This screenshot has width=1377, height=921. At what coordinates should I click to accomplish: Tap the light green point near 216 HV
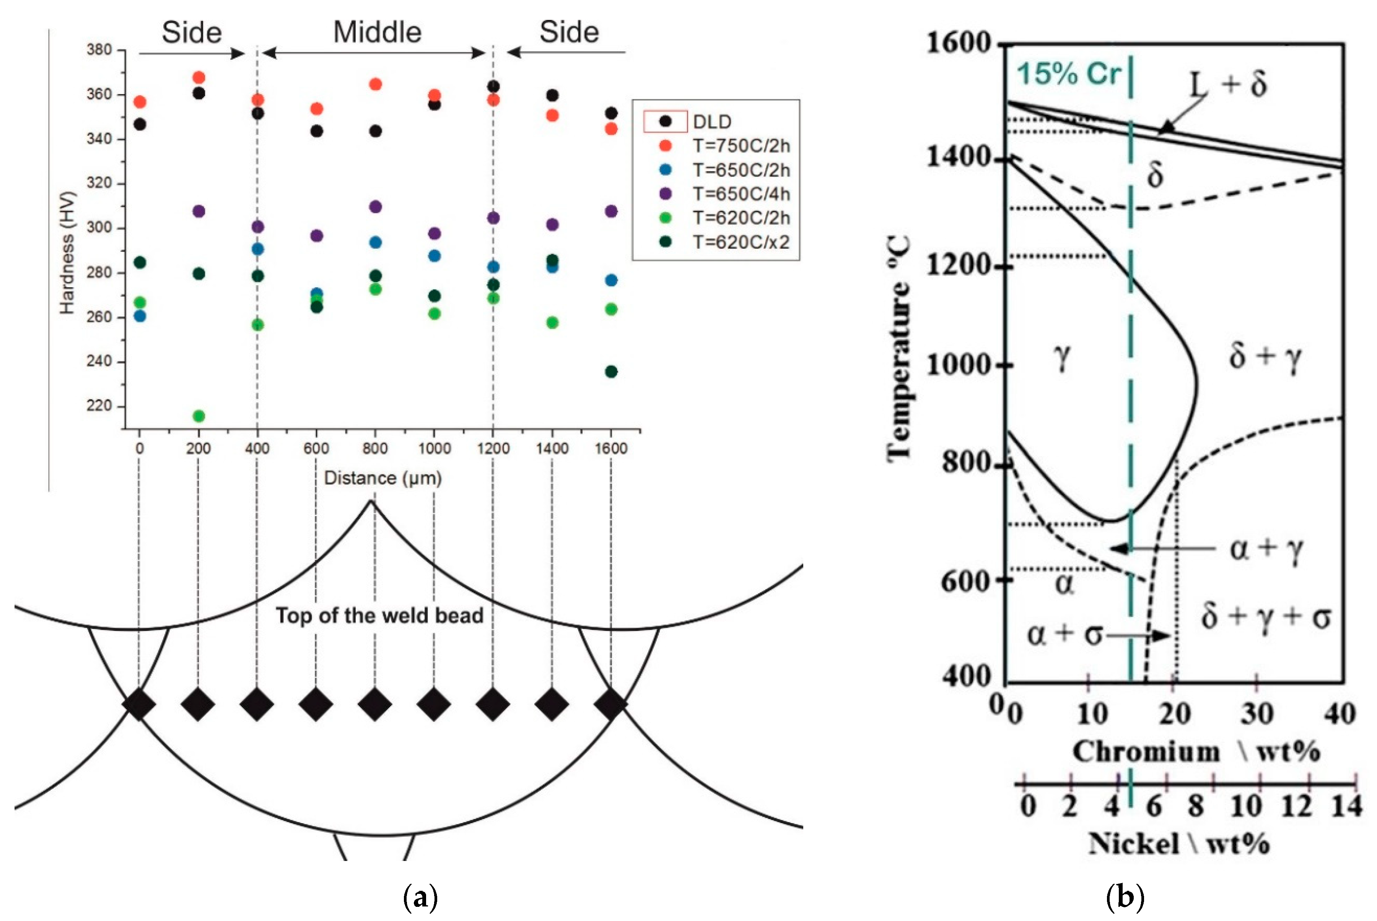[199, 416]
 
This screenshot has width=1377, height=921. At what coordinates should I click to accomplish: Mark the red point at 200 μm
[199, 78]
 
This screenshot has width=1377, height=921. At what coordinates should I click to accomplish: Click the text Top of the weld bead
[380, 615]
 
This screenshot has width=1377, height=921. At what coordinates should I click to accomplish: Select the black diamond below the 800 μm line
[375, 704]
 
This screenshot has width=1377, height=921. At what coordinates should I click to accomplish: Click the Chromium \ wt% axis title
[1196, 752]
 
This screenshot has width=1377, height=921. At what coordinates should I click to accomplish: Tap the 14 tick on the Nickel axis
[1346, 806]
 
